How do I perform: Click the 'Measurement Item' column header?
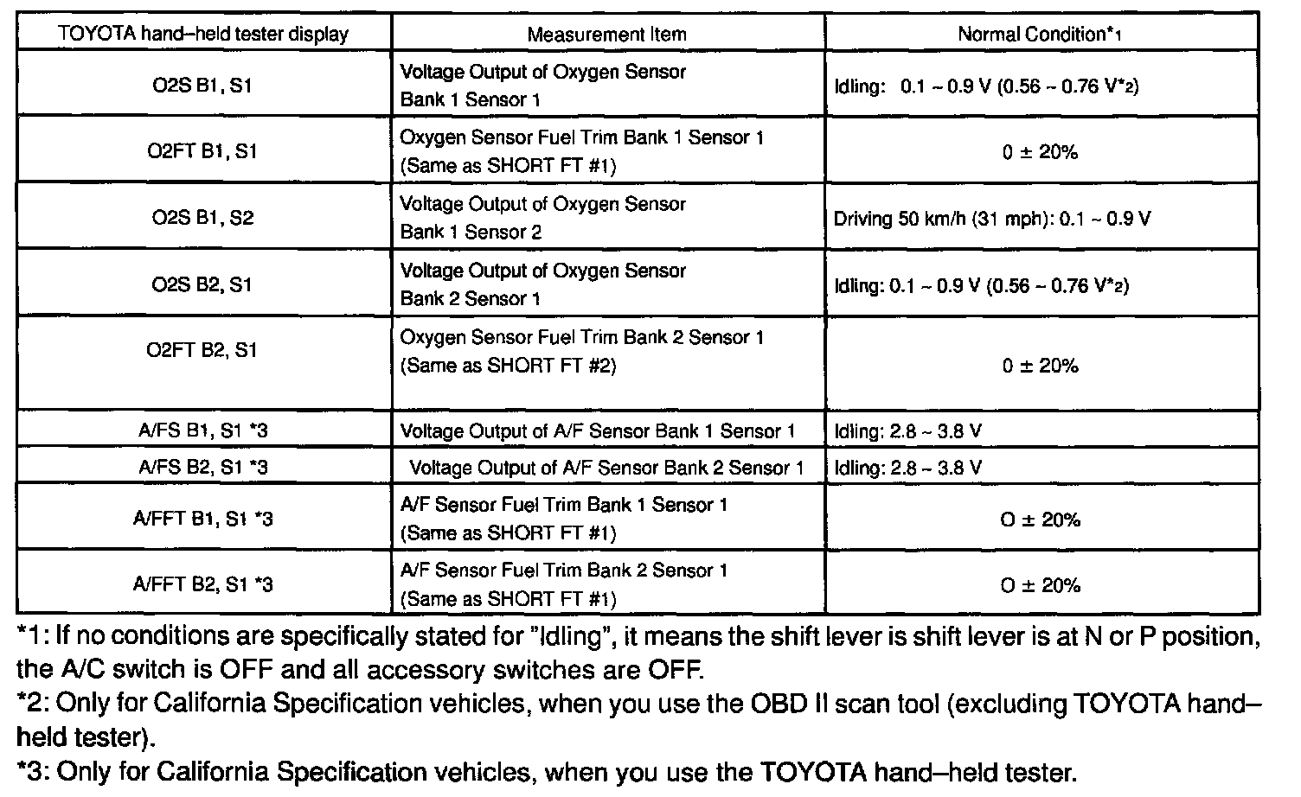pos(606,35)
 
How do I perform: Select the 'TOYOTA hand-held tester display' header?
pos(203,35)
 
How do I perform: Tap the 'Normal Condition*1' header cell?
pos(1040,35)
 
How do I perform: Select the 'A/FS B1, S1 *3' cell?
pos(203,430)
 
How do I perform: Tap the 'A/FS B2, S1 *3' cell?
pos(203,468)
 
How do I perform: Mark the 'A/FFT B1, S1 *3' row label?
pos(203,519)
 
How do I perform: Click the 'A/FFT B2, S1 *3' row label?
pos(203,585)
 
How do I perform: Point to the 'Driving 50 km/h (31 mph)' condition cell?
pos(992,219)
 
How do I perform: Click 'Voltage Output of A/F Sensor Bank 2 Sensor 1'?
pos(606,469)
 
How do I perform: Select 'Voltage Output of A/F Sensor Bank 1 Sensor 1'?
pos(598,431)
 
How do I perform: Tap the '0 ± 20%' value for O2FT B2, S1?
pos(1041,366)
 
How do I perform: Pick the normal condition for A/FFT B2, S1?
pos(1041,586)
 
